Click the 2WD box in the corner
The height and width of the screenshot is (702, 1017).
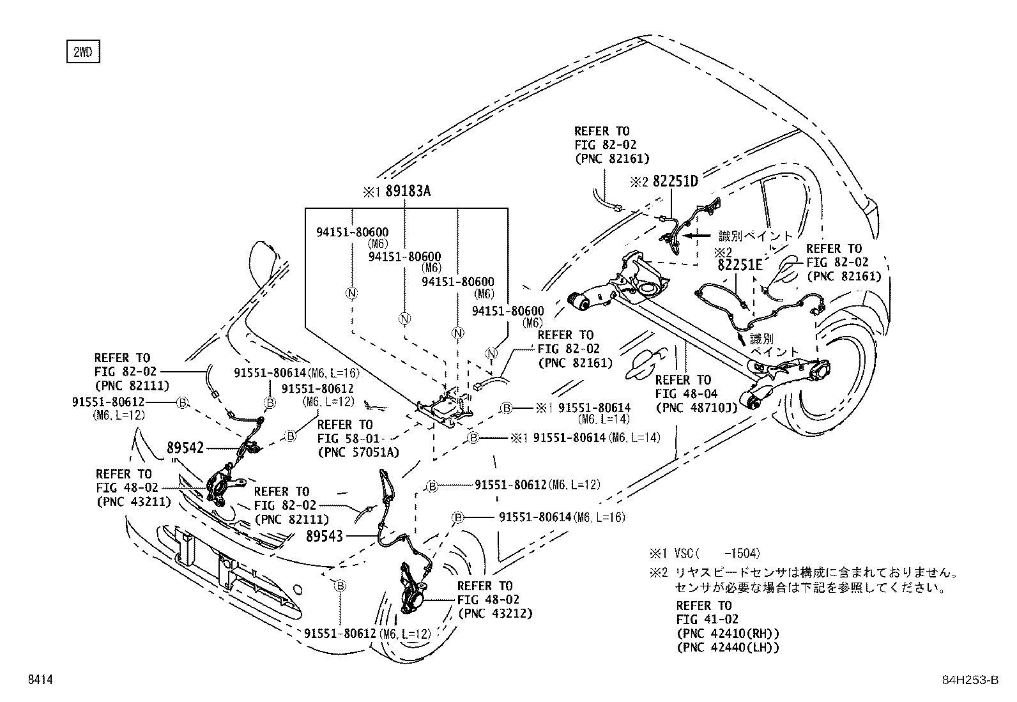click(x=83, y=52)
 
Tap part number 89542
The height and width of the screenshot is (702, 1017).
click(x=185, y=448)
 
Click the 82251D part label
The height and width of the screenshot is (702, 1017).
click(x=675, y=181)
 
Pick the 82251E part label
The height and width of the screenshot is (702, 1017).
click(x=739, y=264)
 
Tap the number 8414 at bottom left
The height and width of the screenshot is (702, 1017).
click(x=40, y=681)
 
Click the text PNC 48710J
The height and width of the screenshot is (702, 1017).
click(x=696, y=408)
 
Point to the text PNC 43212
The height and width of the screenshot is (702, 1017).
click(x=494, y=614)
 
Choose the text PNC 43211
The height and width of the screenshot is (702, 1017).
click(x=134, y=501)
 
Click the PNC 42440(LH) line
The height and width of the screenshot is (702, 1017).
click(x=728, y=648)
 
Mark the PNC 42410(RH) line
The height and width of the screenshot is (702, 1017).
click(x=728, y=634)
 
